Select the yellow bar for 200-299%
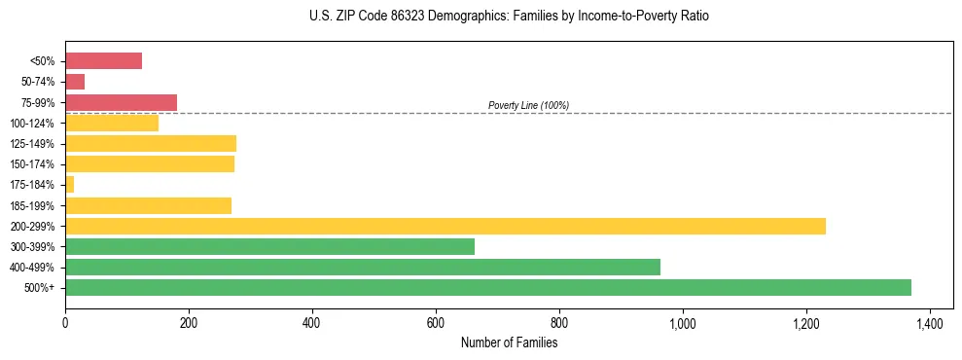(445, 226)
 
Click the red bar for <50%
(103, 61)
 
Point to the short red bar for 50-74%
(75, 82)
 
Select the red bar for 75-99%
(121, 102)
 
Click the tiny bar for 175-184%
(69, 184)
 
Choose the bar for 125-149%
(151, 143)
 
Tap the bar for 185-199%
(148, 205)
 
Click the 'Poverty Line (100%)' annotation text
(528, 105)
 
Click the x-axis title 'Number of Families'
(509, 342)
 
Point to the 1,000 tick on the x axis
(683, 322)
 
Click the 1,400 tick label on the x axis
(930, 322)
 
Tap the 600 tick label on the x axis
(436, 322)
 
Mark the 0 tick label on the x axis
(65, 322)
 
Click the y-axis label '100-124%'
(32, 124)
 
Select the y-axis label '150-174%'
(32, 164)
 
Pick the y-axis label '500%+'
(40, 288)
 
